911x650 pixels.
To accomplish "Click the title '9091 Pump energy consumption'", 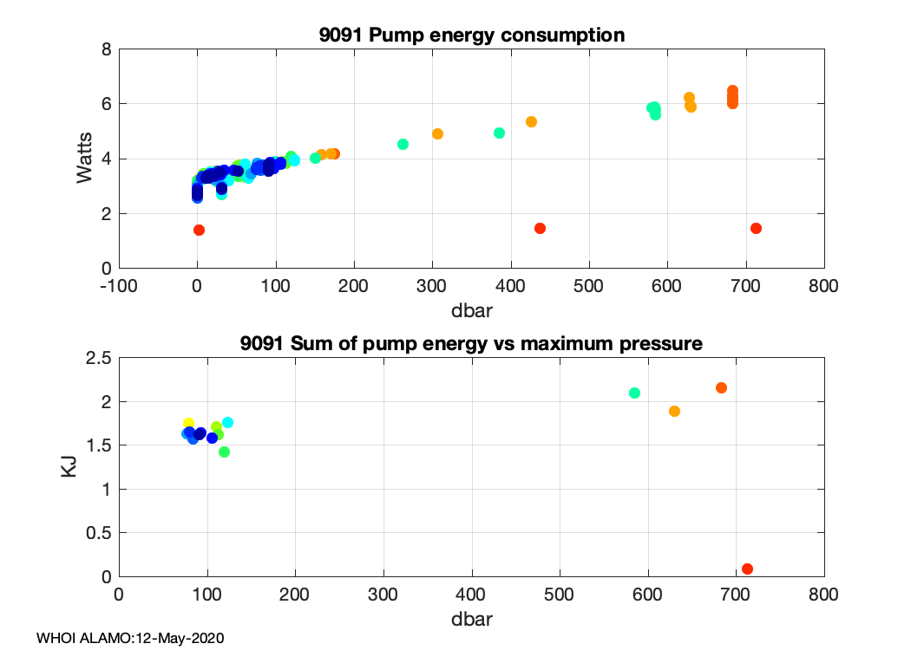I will tap(472, 36).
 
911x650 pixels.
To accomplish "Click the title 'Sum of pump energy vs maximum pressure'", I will tap(472, 344).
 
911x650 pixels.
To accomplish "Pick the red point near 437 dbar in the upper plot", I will tap(540, 228).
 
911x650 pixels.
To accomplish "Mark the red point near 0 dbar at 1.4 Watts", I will tap(199, 230).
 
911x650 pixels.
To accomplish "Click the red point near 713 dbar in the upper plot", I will tap(756, 228).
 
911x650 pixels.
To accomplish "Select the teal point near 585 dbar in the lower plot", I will tap(634, 393).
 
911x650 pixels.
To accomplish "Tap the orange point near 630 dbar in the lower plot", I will tap(674, 411).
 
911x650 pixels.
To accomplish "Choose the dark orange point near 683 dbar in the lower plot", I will tap(721, 387).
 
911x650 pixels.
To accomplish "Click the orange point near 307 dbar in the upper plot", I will tap(438, 133).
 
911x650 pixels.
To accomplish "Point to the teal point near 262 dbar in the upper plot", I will tap(403, 144).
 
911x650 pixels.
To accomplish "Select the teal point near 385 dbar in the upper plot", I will tap(499, 133).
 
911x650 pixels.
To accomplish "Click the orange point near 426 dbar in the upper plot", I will tap(531, 121).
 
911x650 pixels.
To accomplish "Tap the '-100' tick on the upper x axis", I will tap(120, 285).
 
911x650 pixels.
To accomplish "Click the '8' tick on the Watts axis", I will tap(106, 49).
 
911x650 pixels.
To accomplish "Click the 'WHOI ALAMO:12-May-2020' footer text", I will tap(131, 638).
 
